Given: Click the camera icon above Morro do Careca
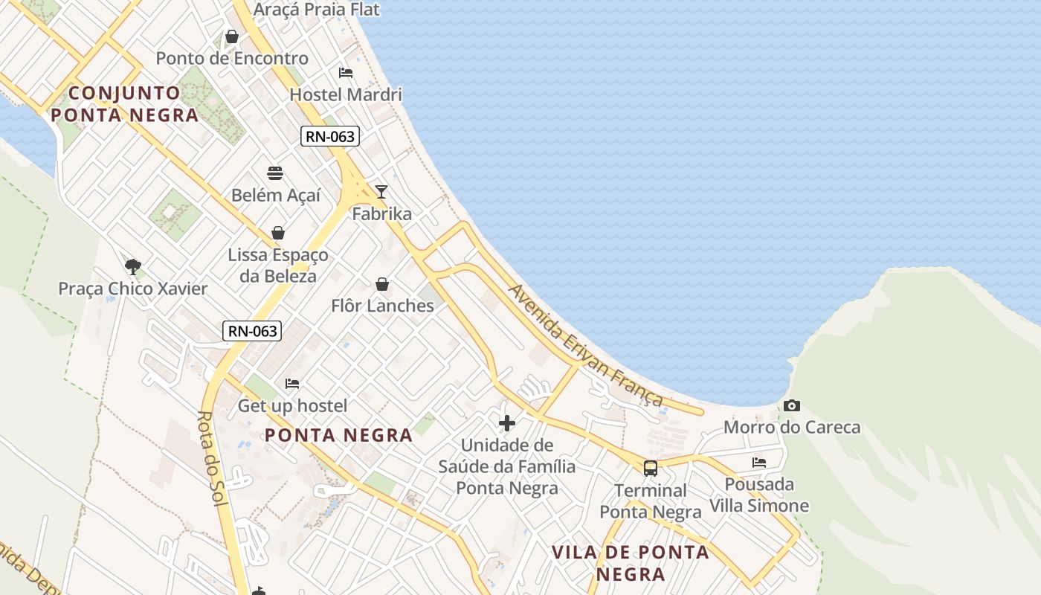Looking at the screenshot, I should (792, 405).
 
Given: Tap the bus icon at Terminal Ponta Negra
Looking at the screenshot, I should (651, 469).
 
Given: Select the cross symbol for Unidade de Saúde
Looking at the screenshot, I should (507, 423).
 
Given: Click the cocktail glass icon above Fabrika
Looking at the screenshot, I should (381, 192).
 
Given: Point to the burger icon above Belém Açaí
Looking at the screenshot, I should (275, 174).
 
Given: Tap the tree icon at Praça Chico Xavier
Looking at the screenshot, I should (133, 266).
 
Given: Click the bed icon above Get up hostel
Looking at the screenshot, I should (292, 384).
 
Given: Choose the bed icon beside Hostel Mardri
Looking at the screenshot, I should (346, 73).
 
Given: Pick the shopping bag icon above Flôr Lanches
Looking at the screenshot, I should (382, 284).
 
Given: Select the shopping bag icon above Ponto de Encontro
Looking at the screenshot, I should (232, 36).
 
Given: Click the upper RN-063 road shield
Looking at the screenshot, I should (330, 137).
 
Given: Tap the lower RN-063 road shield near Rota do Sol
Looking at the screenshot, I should (252, 331).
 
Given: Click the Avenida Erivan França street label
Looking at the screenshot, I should (585, 345).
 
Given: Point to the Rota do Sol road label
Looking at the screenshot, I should (212, 459).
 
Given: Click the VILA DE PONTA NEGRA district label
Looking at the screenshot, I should (631, 563).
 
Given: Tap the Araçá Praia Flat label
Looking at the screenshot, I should (317, 10).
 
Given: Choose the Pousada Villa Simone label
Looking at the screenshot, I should (759, 495).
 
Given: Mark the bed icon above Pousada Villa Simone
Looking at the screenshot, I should (759, 462).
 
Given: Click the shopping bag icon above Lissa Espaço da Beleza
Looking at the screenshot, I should (278, 233).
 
